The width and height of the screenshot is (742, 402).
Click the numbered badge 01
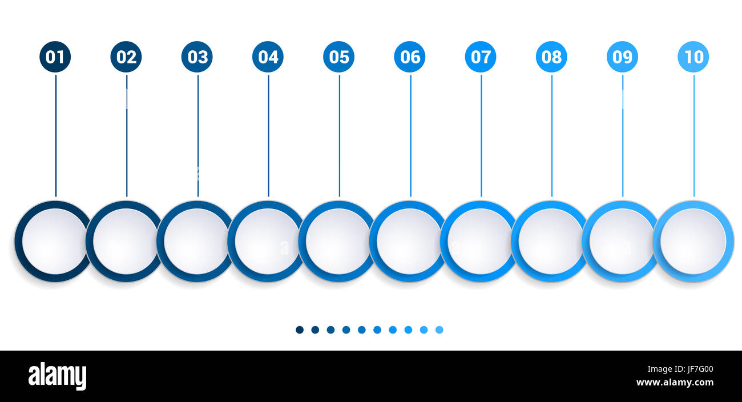(x=55, y=57)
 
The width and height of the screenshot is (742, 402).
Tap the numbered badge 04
(x=268, y=57)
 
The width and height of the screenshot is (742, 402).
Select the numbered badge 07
(x=481, y=57)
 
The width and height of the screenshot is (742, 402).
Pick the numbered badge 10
(x=693, y=57)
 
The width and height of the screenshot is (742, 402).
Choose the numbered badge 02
(x=126, y=57)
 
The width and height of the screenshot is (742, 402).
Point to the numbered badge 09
(x=622, y=57)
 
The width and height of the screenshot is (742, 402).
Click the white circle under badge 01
(x=54, y=241)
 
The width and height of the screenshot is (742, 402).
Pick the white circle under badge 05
(x=337, y=241)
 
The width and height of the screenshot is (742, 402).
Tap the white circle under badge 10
(x=692, y=241)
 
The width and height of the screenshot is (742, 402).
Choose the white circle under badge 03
(x=196, y=241)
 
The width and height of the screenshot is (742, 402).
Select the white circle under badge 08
(x=550, y=241)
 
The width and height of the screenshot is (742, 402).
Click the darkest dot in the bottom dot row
(x=300, y=329)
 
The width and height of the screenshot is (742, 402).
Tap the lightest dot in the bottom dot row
(x=439, y=329)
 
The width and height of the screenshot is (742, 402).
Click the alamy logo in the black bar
(x=57, y=376)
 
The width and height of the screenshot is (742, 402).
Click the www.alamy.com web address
(x=675, y=383)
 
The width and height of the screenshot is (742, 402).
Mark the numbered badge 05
(x=338, y=57)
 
